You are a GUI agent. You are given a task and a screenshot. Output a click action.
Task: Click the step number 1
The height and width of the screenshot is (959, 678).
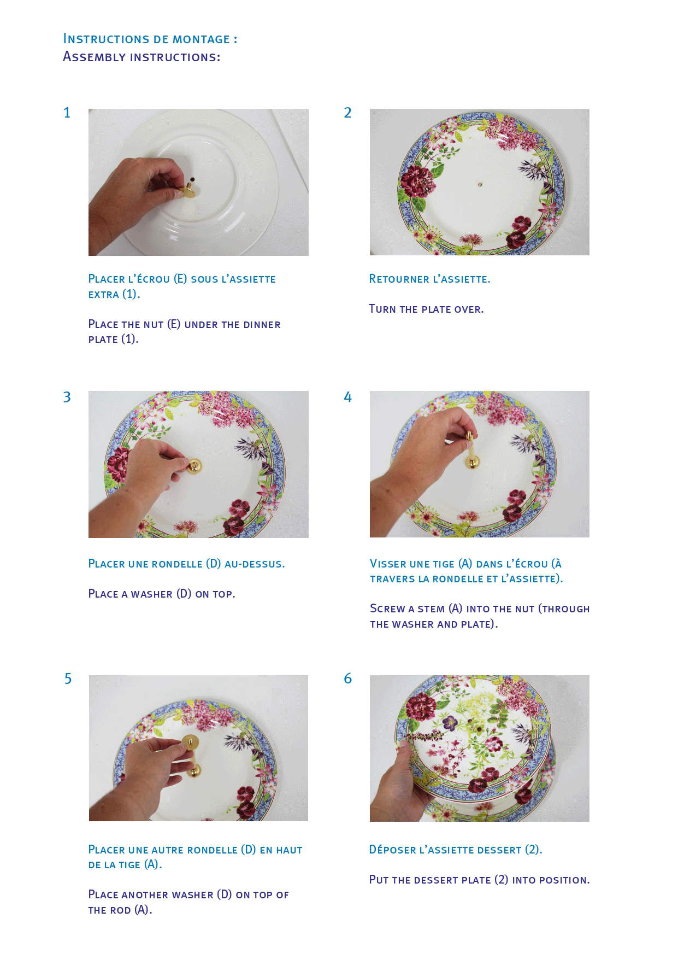click(x=67, y=113)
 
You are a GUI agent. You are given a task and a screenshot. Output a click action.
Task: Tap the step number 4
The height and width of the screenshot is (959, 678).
click(x=347, y=397)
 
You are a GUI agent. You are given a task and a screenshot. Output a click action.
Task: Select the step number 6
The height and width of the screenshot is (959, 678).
click(x=347, y=679)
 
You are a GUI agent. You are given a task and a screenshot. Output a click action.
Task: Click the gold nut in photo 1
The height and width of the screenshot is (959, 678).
click(x=188, y=192)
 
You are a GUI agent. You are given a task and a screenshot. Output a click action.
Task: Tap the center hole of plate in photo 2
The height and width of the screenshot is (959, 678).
click(x=480, y=184)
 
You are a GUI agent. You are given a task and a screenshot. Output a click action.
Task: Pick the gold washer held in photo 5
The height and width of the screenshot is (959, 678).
click(x=189, y=745)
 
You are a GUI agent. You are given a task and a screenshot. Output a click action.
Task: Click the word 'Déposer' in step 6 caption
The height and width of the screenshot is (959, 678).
click(x=392, y=850)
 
